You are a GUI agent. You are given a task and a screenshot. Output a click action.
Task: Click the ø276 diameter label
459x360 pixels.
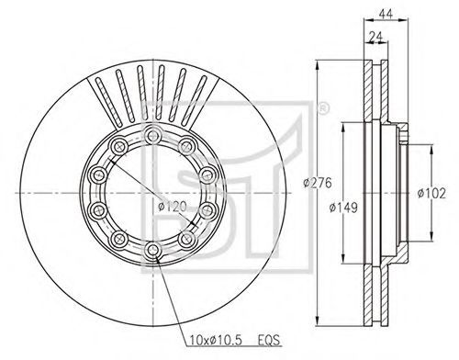pyautogui.click(x=318, y=183)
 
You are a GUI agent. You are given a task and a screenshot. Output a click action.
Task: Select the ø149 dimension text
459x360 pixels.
pyautogui.click(x=343, y=208)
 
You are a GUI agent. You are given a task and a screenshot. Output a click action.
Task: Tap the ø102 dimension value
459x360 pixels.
pyautogui.click(x=431, y=193)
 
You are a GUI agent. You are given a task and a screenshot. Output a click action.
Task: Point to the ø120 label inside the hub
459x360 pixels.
pyautogui.click(x=173, y=207)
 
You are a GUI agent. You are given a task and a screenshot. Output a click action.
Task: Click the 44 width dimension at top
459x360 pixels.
pyautogui.click(x=386, y=15)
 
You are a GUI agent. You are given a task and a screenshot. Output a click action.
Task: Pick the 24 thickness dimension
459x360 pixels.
pyautogui.click(x=376, y=37)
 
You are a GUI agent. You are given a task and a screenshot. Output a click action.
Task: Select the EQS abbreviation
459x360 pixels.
pyautogui.click(x=269, y=340)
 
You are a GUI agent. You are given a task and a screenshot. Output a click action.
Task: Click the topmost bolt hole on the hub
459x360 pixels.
pyautogui.click(x=152, y=135)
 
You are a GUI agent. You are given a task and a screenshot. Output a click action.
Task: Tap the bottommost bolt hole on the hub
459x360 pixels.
pyautogui.click(x=152, y=251)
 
